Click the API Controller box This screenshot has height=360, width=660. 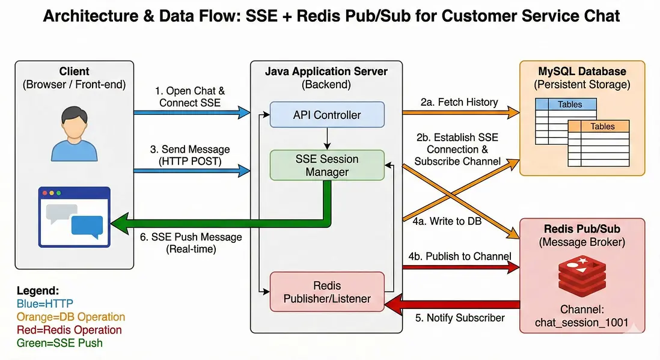point(326,115)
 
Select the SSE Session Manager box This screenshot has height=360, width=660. point(326,165)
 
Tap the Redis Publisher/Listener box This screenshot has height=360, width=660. point(326,291)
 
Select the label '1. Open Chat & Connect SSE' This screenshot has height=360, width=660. point(190,97)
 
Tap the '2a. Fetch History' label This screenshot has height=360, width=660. point(459,102)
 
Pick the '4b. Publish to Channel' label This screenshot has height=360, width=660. point(460,257)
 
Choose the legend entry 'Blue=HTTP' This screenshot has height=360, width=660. point(45,304)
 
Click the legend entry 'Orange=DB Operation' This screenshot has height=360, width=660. point(71,317)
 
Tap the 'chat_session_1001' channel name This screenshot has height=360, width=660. point(581,323)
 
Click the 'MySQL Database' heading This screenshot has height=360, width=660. point(581,72)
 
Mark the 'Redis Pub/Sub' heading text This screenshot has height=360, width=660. point(581,229)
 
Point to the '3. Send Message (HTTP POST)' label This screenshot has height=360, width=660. point(190,155)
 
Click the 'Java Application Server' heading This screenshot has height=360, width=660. point(326,72)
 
